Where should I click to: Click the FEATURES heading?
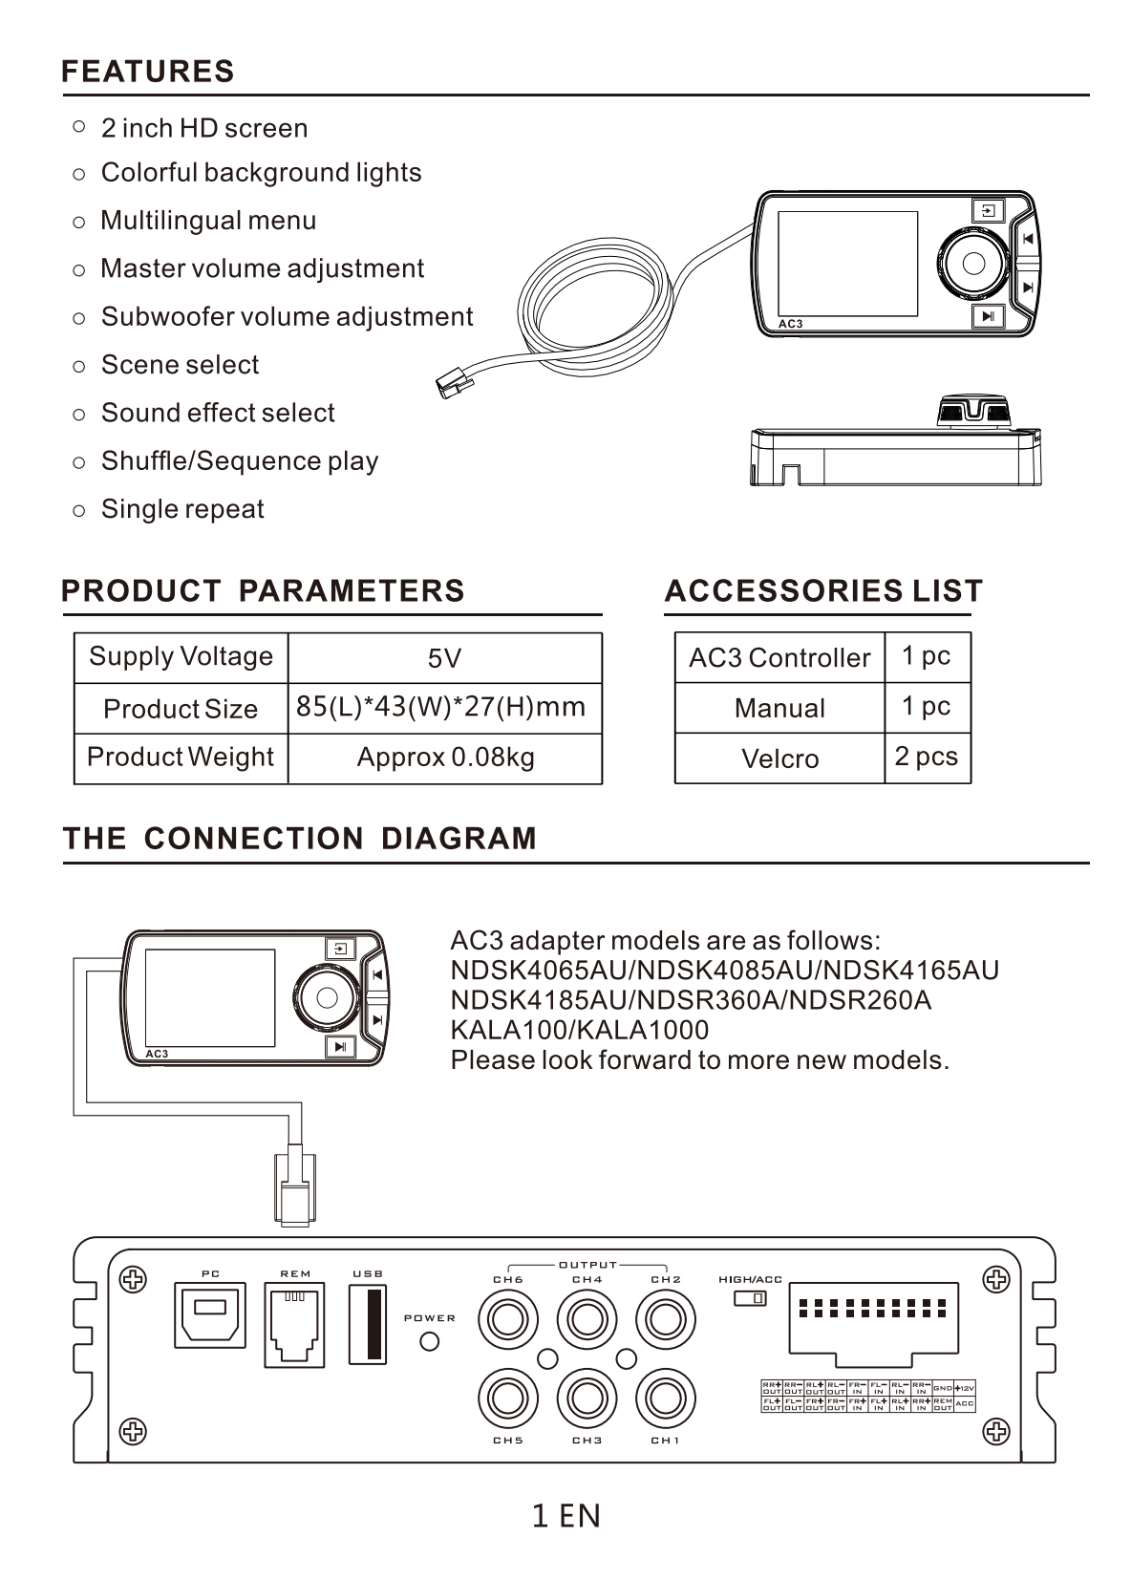[x=147, y=72]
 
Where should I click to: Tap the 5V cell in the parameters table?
[x=444, y=658]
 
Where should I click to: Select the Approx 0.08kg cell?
[x=445, y=758]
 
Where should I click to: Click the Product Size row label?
[x=181, y=709]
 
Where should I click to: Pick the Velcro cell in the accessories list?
[x=779, y=758]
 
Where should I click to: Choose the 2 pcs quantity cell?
[x=927, y=757]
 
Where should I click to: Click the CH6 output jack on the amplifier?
[x=506, y=1320]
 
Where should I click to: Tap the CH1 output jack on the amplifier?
[x=665, y=1399]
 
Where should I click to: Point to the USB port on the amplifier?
[x=368, y=1324]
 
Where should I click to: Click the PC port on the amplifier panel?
[x=210, y=1314]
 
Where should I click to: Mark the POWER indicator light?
[x=430, y=1341]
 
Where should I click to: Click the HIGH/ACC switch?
[x=750, y=1298]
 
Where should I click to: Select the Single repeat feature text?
[x=182, y=509]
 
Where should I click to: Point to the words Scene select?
[x=180, y=365]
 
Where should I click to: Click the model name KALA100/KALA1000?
[x=579, y=1030]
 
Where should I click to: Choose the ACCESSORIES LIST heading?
[x=823, y=591]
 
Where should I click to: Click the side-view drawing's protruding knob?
[x=973, y=413]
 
